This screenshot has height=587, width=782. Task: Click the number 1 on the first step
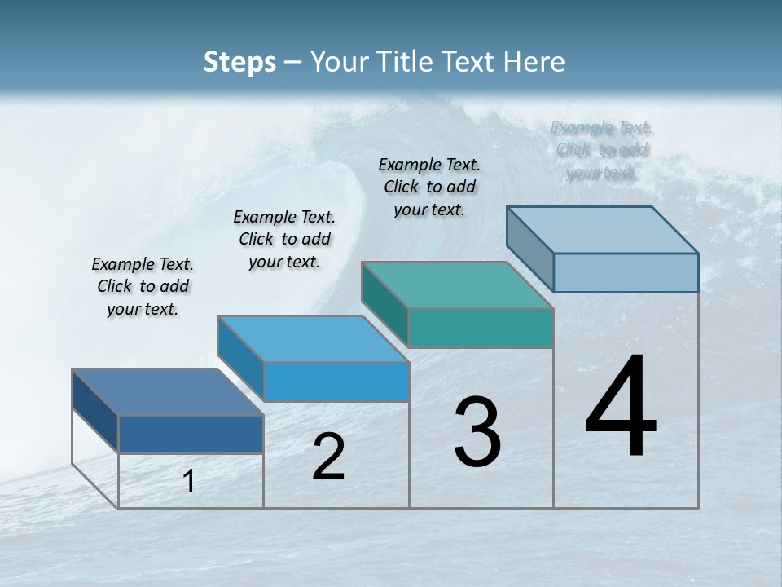[x=189, y=481]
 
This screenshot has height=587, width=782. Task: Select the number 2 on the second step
[x=328, y=457]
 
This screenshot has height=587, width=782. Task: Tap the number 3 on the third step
[x=477, y=432]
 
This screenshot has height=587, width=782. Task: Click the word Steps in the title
[x=239, y=62]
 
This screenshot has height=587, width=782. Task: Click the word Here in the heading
[x=534, y=62]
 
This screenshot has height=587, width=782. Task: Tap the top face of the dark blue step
[x=167, y=392]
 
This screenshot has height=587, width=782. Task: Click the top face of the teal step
[x=456, y=285]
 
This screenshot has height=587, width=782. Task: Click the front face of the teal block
[x=481, y=328]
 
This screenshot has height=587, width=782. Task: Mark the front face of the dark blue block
[x=191, y=434]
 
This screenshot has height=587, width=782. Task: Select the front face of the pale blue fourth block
[x=626, y=272]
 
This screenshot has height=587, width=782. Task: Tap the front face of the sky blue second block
[x=336, y=382]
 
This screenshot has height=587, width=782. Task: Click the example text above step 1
[x=143, y=286]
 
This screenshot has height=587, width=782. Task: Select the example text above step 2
[x=284, y=239]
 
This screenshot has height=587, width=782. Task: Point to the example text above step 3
[x=429, y=187]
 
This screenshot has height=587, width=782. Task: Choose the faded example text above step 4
[x=602, y=150]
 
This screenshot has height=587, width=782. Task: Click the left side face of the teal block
[x=384, y=305]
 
